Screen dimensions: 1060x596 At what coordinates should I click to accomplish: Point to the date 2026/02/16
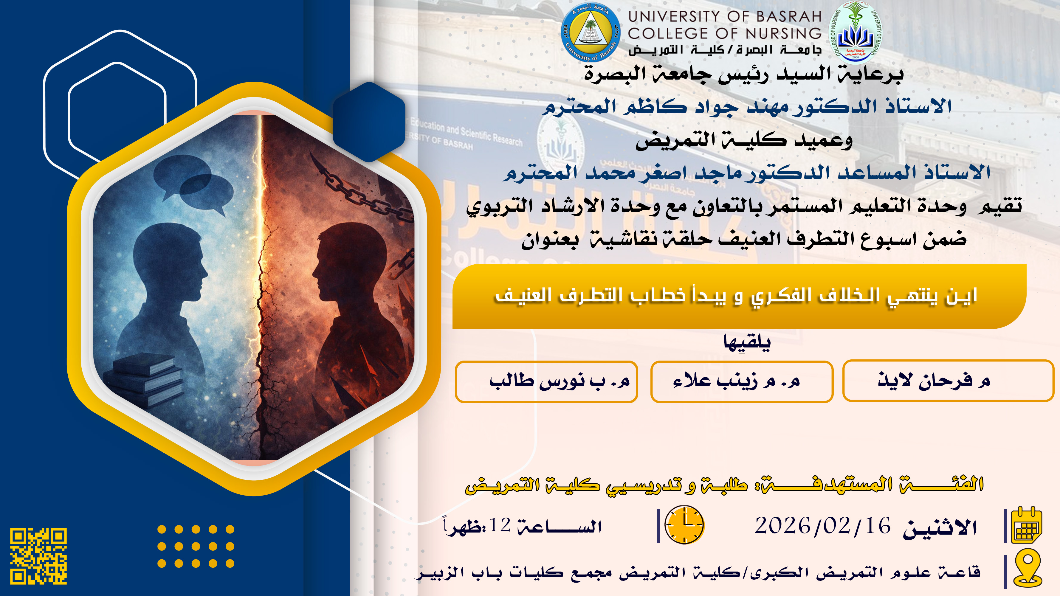click(x=822, y=526)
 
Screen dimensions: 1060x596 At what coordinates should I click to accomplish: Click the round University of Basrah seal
click(x=591, y=32)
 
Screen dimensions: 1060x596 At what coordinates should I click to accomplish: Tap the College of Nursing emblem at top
click(x=855, y=32)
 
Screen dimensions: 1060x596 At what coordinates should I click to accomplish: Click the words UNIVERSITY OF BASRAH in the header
click(x=725, y=16)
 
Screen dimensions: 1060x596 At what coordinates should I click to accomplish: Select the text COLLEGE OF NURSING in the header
click(x=725, y=33)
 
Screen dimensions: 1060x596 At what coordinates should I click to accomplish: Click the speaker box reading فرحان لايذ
click(x=948, y=381)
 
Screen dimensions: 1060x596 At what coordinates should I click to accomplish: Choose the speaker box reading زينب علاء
click(x=742, y=381)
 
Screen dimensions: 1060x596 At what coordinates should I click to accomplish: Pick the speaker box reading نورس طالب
click(x=546, y=381)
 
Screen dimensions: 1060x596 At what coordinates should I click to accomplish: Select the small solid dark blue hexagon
click(x=369, y=122)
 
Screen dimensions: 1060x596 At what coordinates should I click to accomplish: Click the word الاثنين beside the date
click(x=940, y=527)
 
